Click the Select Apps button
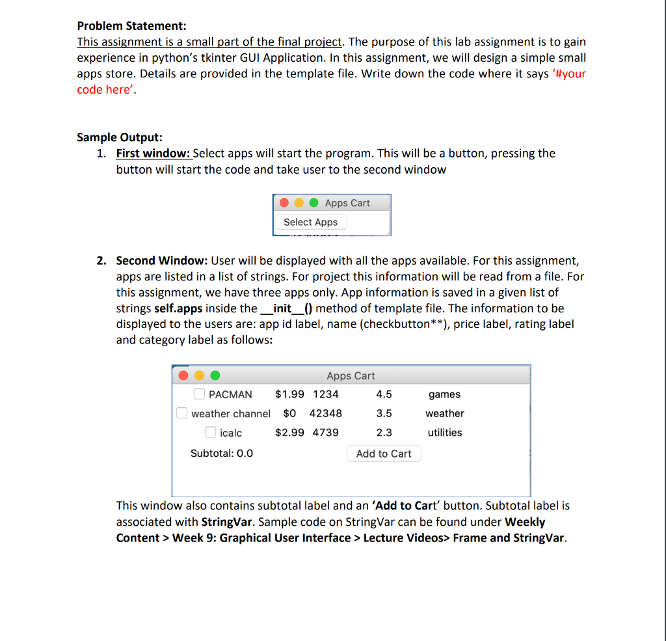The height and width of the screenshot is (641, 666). pyautogui.click(x=311, y=222)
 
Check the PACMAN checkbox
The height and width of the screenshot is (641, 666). pyautogui.click(x=200, y=394)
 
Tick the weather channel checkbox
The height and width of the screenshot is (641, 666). pyautogui.click(x=182, y=413)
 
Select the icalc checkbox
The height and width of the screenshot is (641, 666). pyautogui.click(x=211, y=432)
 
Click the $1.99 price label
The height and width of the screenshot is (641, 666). pyautogui.click(x=289, y=394)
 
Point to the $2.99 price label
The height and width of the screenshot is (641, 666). pyautogui.click(x=289, y=432)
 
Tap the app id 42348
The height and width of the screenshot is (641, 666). pyautogui.click(x=325, y=413)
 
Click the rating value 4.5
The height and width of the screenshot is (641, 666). pyautogui.click(x=384, y=394)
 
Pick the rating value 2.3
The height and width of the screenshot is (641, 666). pyautogui.click(x=384, y=432)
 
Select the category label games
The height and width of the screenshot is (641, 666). pyautogui.click(x=444, y=394)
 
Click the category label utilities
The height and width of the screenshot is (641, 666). pyautogui.click(x=444, y=432)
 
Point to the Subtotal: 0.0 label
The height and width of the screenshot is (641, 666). pyautogui.click(x=221, y=453)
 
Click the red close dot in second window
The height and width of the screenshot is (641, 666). pyautogui.click(x=184, y=375)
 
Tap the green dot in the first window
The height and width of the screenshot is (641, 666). pyautogui.click(x=313, y=202)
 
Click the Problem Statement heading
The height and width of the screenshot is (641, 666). pyautogui.click(x=131, y=26)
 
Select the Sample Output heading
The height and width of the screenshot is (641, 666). pyautogui.click(x=120, y=137)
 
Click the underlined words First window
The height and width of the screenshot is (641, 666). pyautogui.click(x=153, y=154)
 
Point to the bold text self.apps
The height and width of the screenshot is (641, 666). pyautogui.click(x=178, y=308)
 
